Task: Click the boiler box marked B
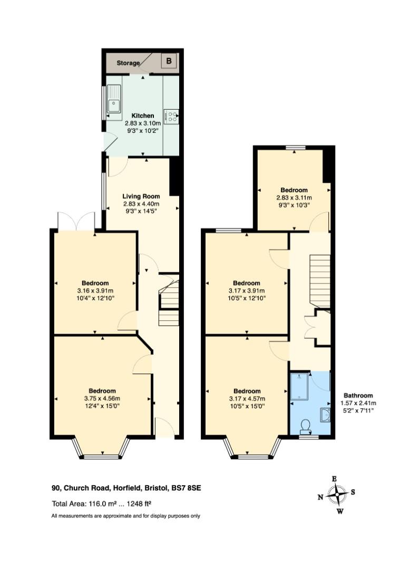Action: [x=169, y=61]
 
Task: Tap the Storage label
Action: [x=128, y=63]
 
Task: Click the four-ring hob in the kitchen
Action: [x=171, y=116]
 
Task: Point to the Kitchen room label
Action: [x=143, y=116]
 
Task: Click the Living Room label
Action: [x=141, y=197]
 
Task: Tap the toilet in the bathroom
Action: [x=306, y=426]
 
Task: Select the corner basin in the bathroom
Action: [x=325, y=415]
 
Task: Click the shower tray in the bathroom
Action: [x=299, y=387]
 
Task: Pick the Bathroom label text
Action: [x=358, y=396]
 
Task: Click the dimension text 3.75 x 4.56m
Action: [x=102, y=398]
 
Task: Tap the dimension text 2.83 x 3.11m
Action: [x=294, y=198]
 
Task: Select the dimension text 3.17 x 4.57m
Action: [x=247, y=399]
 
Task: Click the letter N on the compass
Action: [x=320, y=497]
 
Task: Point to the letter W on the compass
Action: [x=340, y=512]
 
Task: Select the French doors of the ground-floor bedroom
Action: [x=76, y=221]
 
